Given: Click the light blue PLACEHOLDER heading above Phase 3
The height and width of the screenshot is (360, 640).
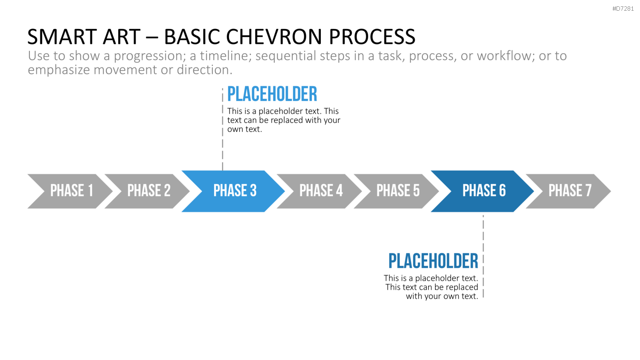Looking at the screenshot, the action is [272, 94].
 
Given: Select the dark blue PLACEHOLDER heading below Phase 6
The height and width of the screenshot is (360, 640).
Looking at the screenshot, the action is [433, 261].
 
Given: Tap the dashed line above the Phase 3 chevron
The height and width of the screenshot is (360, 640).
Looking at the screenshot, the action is [223, 129].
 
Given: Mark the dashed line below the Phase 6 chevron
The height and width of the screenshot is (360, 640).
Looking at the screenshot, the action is [483, 256].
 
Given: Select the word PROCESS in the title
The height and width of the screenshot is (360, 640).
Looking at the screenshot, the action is [372, 37].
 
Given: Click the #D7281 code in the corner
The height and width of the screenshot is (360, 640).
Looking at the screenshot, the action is [623, 9].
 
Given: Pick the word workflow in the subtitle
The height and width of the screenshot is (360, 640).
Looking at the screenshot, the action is [504, 56].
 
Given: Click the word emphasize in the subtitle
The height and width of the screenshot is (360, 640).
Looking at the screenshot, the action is [58, 70].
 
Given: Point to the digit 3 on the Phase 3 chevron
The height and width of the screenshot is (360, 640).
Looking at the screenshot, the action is [253, 191].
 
